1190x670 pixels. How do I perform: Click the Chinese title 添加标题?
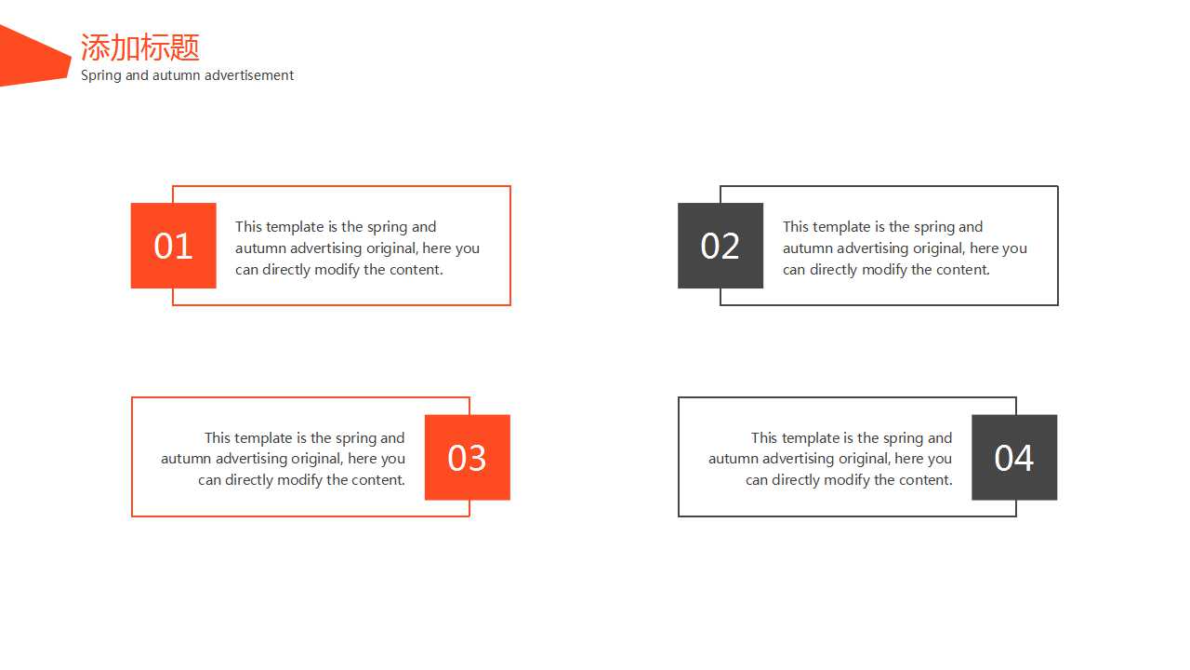click(x=140, y=47)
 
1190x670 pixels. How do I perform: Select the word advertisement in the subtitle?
click(x=249, y=75)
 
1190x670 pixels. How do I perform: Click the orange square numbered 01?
click(x=173, y=246)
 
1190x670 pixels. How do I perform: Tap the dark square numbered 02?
click(x=721, y=246)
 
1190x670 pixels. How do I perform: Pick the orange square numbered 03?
click(x=468, y=457)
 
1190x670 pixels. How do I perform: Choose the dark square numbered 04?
click(x=1014, y=457)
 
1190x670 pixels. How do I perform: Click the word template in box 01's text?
click(x=295, y=227)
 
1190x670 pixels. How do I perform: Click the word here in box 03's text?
click(x=362, y=459)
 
